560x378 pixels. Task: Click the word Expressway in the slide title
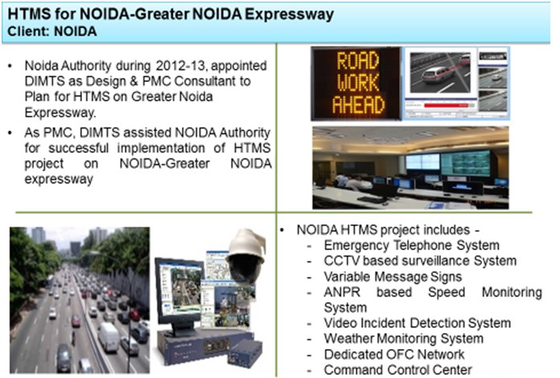289,15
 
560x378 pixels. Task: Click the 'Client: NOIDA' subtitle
52,31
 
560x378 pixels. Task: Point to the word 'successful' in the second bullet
78,148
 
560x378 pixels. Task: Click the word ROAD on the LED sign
357,60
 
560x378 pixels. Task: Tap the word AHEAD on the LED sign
358,105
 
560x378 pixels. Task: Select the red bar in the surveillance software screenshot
446,105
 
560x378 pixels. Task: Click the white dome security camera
246,254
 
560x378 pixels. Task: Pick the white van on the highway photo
108,337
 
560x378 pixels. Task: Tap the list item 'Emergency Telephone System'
411,245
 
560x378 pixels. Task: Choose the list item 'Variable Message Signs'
393,277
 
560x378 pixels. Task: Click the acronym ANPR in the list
342,292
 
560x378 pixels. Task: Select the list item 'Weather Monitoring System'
404,339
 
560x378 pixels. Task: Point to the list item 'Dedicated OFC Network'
394,354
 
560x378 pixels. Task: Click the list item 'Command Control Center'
397,369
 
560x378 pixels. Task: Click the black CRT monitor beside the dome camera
179,294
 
